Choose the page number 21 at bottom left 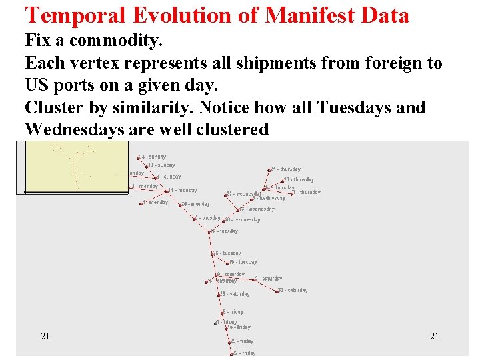point(45,336)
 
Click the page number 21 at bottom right point(434,336)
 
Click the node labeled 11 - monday point(167,191)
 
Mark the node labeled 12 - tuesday point(211,233)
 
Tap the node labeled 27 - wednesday point(227,195)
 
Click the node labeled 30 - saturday point(278,291)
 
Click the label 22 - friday point(245,353)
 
